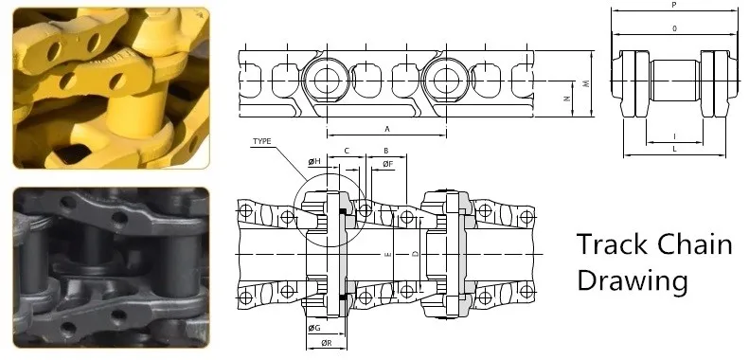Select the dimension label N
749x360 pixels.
pyautogui.click(x=566, y=99)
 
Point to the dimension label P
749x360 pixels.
pyautogui.click(x=673, y=6)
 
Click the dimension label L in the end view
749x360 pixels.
pyautogui.click(x=673, y=150)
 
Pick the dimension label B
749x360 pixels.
pyautogui.click(x=386, y=151)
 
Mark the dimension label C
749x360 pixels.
pyautogui.click(x=347, y=151)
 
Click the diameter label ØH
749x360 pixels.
pyautogui.click(x=315, y=162)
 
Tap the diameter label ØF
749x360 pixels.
pyautogui.click(x=387, y=165)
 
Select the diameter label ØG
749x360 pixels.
pyautogui.click(x=313, y=328)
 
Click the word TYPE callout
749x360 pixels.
pyautogui.click(x=262, y=142)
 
